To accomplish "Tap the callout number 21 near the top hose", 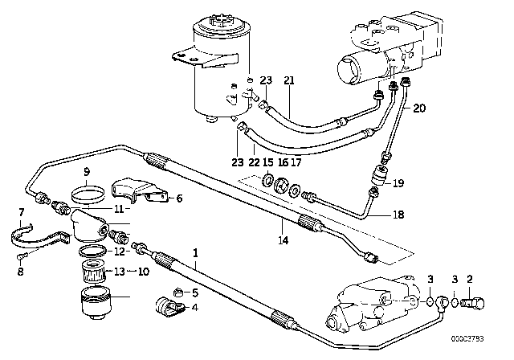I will [x=289, y=80].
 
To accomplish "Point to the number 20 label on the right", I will [x=418, y=109].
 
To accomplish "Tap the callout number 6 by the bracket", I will [x=179, y=198].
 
